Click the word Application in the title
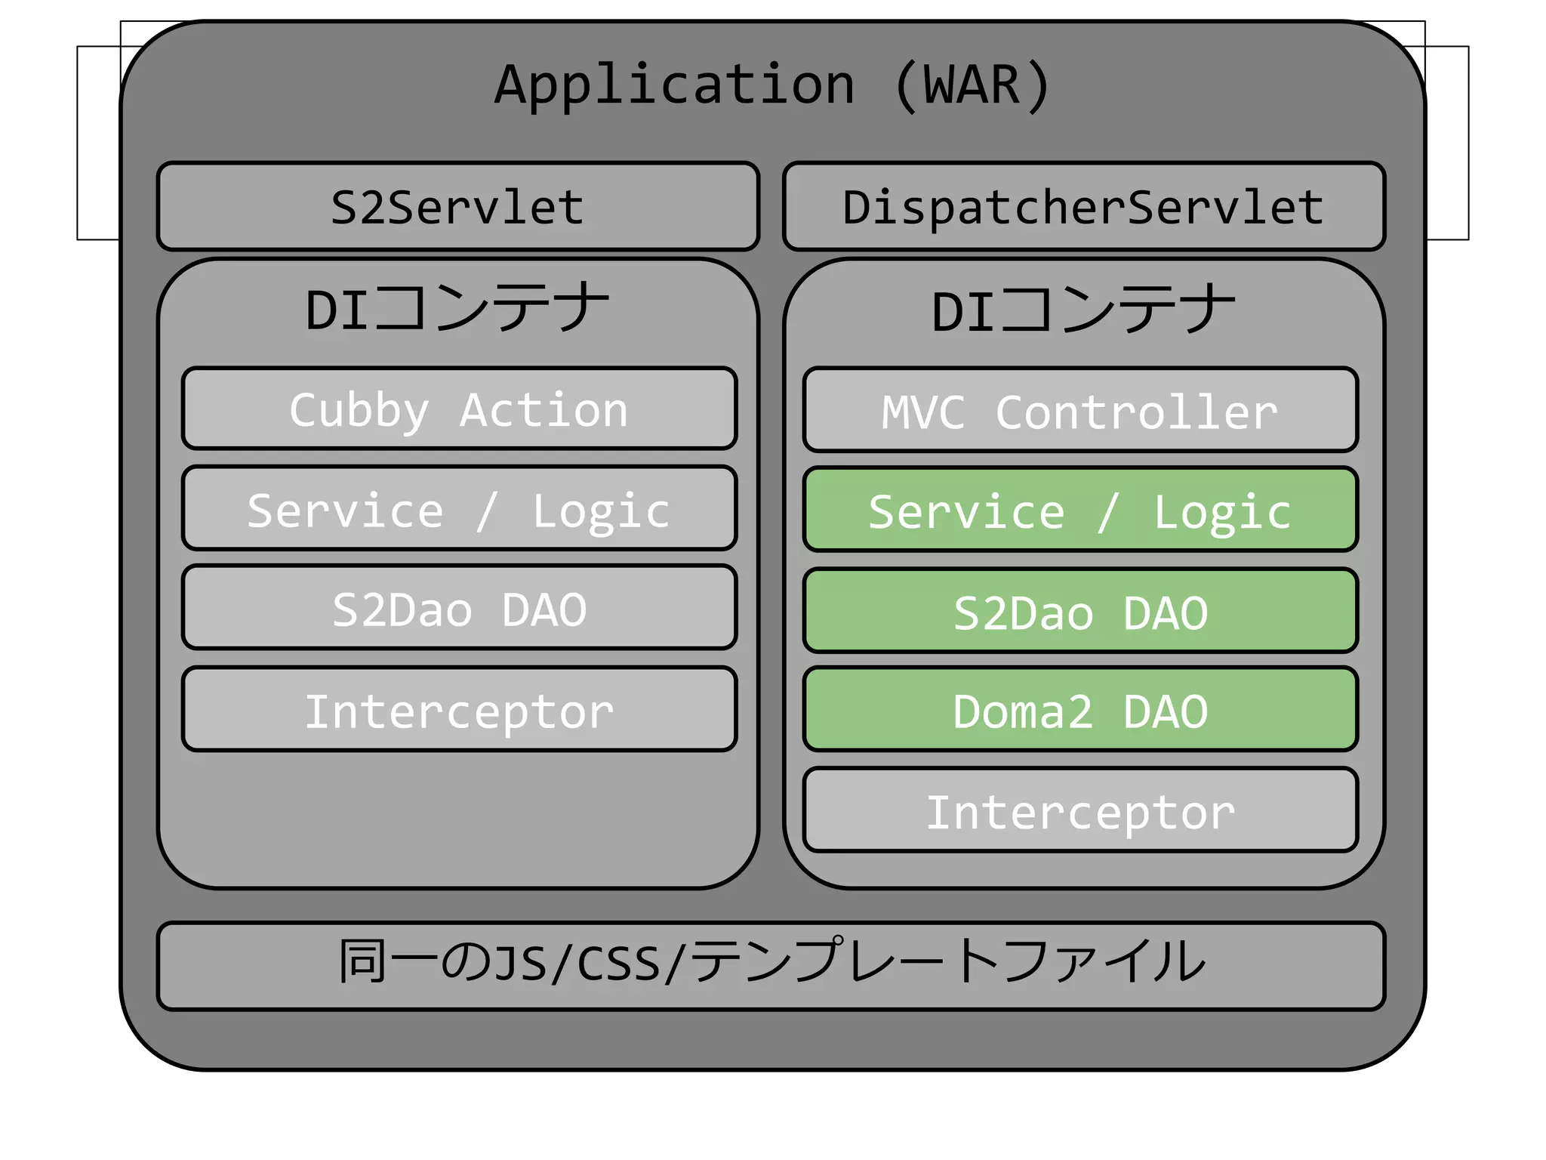(674, 85)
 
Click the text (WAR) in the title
(972, 85)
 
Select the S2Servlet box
(457, 206)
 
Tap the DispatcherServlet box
(1083, 206)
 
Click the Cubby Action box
(459, 409)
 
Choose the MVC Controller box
(1080, 410)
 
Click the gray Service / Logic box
(459, 508)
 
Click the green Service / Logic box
(1080, 510)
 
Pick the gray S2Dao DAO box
(459, 607)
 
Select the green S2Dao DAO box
(1080, 611)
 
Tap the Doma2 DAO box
(1080, 709)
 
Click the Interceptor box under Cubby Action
(459, 709)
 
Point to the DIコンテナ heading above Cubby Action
(457, 308)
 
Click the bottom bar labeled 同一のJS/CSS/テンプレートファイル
(771, 965)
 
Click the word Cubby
(359, 410)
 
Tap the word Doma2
(1022, 711)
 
